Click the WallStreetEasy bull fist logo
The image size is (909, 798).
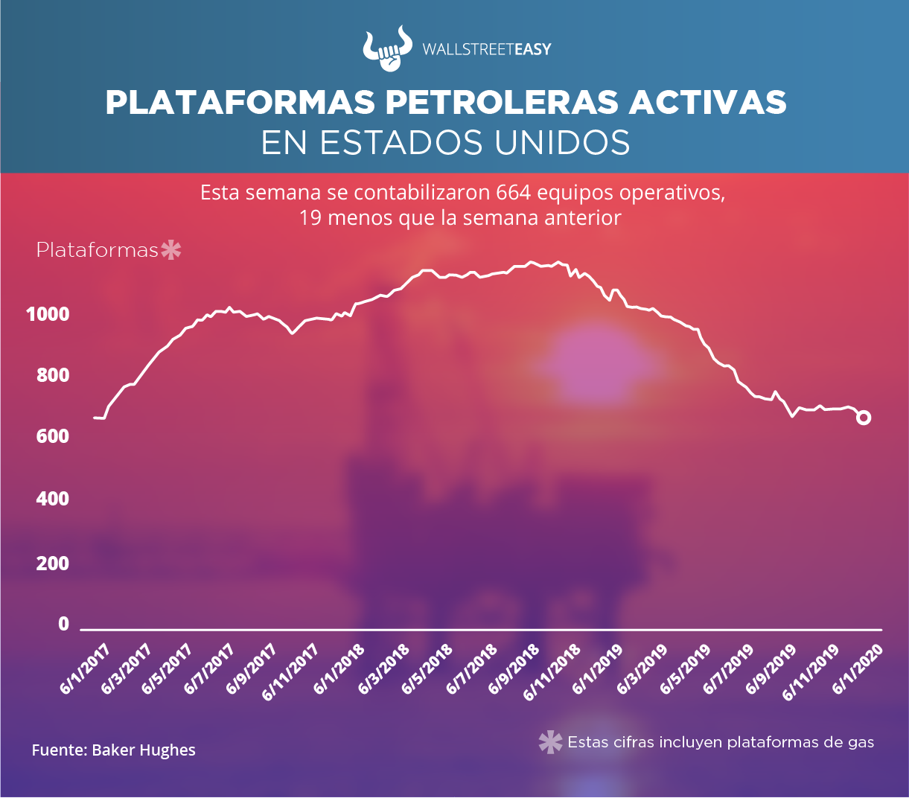click(386, 49)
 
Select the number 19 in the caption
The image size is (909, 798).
click(310, 218)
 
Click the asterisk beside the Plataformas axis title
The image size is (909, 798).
click(171, 250)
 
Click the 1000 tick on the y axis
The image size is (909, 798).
click(48, 314)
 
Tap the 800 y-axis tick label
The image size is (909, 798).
click(53, 375)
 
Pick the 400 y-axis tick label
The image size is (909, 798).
click(53, 499)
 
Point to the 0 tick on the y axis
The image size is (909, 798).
click(64, 624)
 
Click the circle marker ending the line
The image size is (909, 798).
click(864, 418)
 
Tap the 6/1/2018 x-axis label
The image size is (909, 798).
click(339, 670)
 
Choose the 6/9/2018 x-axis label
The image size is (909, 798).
click(514, 670)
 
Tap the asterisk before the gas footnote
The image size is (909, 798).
click(550, 742)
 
